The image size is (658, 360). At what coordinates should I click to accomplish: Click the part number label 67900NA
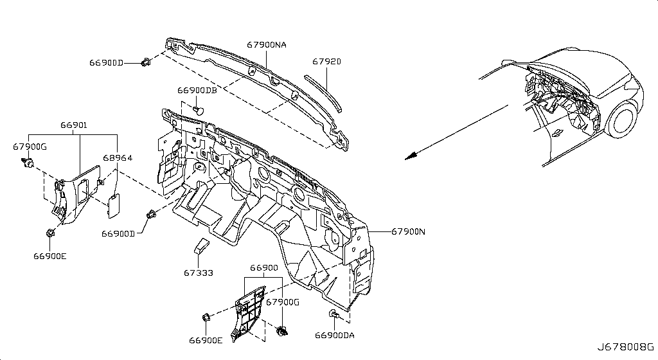[x=267, y=44]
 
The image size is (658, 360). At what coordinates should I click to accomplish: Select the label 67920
[x=326, y=62]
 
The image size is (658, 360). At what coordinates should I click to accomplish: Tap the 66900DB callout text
[x=197, y=90]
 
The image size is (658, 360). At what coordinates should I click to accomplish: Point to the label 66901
[x=73, y=125]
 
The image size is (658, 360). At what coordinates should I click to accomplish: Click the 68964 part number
[x=118, y=157]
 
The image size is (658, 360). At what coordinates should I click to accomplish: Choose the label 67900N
[x=408, y=231]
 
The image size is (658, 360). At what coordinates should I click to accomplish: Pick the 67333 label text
[x=198, y=273]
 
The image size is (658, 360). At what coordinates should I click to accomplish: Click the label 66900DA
[x=334, y=335]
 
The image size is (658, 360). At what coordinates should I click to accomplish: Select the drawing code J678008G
[x=626, y=347]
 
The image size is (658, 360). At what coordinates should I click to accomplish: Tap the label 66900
[x=264, y=267]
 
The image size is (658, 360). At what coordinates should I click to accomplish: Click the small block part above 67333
[x=200, y=246]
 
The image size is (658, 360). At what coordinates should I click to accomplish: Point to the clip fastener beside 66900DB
[x=199, y=110]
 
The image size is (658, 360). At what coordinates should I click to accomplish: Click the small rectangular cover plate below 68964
[x=114, y=206]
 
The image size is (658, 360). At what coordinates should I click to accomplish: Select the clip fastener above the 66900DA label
[x=333, y=314]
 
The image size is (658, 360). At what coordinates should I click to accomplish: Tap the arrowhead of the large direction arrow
[x=411, y=156]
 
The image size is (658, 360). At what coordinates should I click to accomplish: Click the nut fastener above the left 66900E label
[x=49, y=233]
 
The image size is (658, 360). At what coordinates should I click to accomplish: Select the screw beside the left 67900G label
[x=28, y=163]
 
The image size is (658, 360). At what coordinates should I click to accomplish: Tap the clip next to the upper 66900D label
[x=147, y=62]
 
